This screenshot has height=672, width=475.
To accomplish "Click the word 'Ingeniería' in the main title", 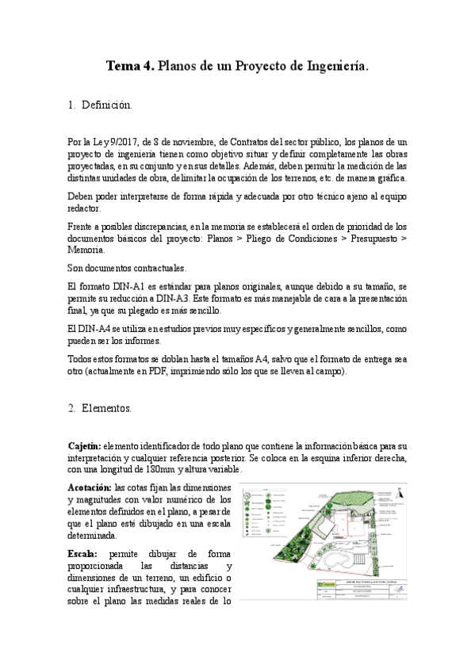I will [x=337, y=69].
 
